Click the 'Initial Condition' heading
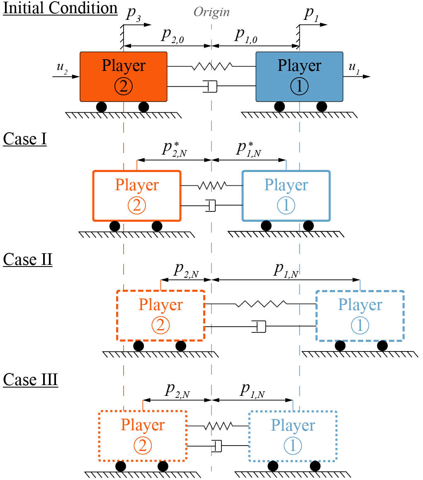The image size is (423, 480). tap(61, 9)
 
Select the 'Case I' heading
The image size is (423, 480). tap(24, 139)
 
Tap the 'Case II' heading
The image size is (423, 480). tap(27, 259)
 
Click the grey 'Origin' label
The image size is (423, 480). tap(211, 12)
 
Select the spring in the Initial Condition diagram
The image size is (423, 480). tap(211, 66)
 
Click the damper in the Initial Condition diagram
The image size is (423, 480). tap(211, 86)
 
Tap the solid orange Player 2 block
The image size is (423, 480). tap(124, 76)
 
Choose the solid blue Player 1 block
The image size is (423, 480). tap(299, 76)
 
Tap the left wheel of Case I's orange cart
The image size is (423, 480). tap(115, 226)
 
